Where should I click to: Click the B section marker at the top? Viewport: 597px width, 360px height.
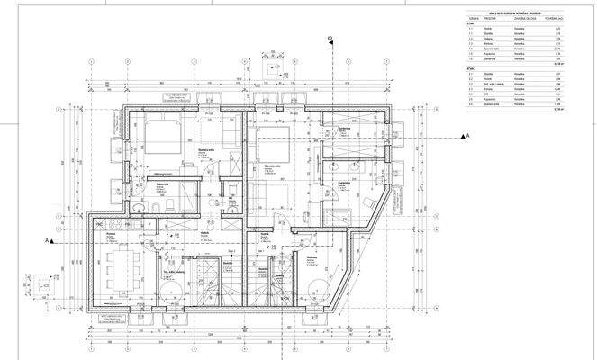coord(330,39)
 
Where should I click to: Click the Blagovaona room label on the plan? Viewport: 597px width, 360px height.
coord(312,257)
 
